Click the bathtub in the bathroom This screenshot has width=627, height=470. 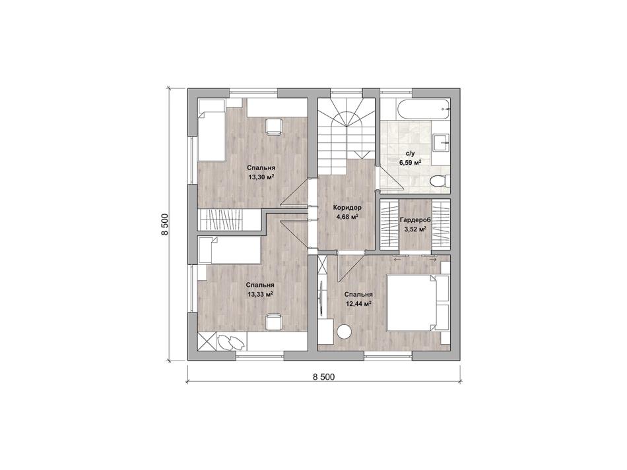[424, 108]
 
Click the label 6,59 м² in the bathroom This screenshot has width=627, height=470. [411, 163]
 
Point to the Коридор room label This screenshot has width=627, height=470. [346, 208]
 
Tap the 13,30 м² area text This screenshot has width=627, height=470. [261, 177]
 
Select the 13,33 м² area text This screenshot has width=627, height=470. [260, 294]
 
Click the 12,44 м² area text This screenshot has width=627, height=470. [358, 303]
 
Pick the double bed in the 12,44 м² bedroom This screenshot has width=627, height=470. [418, 303]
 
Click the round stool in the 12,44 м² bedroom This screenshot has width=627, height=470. [344, 332]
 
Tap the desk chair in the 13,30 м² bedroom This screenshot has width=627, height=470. [274, 126]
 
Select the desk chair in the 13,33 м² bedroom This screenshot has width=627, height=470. [274, 322]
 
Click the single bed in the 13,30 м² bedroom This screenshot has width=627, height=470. [212, 130]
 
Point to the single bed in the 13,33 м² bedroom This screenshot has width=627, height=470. [230, 250]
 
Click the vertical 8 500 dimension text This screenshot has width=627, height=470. [165, 225]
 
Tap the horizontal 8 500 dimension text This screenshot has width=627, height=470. [323, 376]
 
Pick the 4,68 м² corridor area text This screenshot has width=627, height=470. [346, 217]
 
